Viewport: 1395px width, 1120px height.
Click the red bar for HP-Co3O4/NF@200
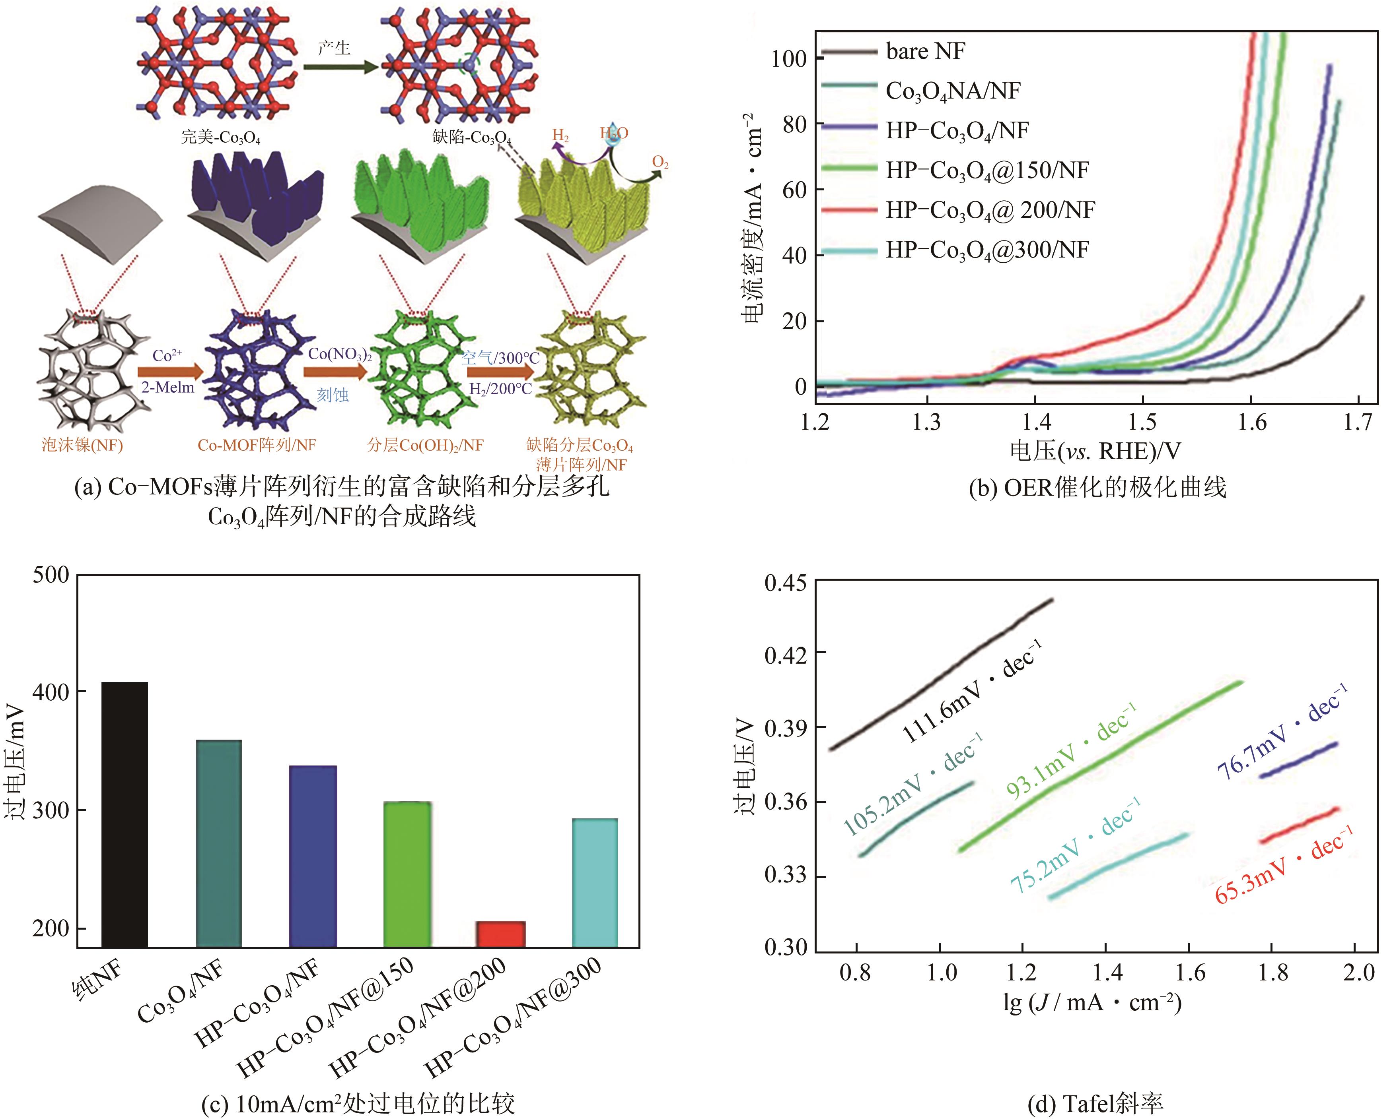click(500, 933)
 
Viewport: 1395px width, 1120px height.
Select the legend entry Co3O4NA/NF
click(952, 91)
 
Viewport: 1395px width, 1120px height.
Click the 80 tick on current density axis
click(794, 124)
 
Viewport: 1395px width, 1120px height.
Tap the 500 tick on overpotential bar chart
click(51, 575)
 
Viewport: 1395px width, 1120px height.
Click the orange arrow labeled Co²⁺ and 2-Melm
click(169, 372)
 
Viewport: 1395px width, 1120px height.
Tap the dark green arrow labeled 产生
click(340, 67)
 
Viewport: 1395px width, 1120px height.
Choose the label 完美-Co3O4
click(220, 137)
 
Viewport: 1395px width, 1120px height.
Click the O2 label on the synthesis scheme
click(660, 162)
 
